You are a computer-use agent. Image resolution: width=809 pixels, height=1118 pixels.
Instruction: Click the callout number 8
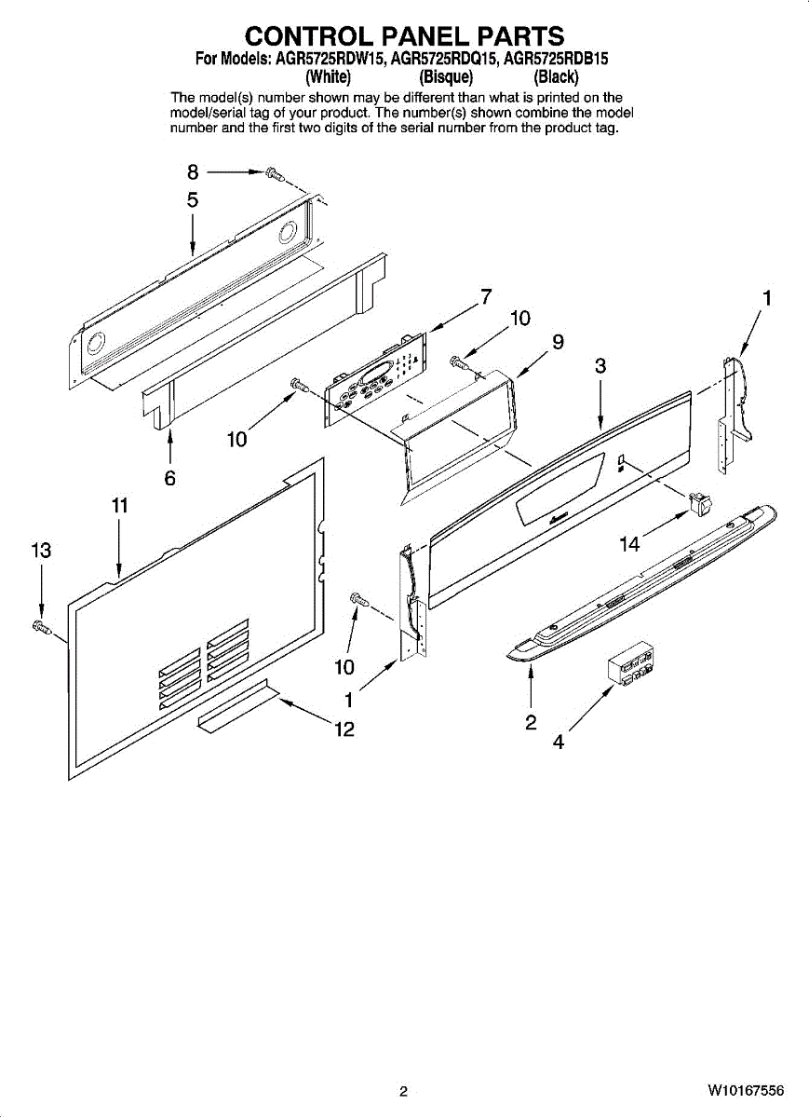193,172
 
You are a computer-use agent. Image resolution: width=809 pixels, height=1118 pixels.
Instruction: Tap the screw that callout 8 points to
273,173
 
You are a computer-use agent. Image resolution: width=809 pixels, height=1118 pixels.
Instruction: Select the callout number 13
40,551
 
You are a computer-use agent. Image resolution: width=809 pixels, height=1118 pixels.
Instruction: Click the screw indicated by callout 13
40,626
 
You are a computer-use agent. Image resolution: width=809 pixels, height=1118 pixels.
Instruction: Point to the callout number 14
630,544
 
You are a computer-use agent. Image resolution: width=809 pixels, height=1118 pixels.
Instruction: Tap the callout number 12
344,729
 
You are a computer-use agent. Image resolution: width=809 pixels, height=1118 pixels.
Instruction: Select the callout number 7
486,297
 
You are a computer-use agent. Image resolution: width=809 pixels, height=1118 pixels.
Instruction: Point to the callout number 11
119,506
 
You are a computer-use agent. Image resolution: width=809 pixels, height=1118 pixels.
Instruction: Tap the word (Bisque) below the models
446,76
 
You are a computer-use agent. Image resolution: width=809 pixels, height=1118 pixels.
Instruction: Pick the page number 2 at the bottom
403,1091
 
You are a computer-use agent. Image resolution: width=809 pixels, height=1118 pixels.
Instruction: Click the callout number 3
600,366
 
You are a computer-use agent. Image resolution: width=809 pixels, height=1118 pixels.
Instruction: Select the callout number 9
558,342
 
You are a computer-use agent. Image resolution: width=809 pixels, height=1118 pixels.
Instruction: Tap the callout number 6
170,478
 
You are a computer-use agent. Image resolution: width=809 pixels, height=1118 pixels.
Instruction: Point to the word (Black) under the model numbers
556,76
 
